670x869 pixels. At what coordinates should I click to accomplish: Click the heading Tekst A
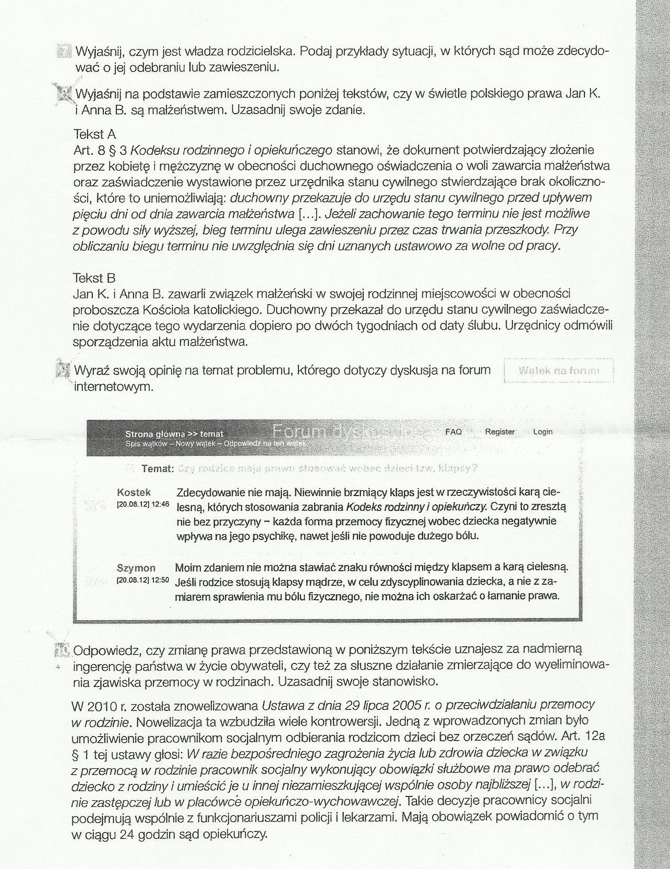click(94, 135)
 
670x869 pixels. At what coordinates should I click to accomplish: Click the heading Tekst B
click(94, 278)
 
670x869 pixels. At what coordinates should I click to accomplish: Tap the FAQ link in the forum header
click(453, 432)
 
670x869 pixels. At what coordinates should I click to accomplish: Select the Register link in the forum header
click(499, 432)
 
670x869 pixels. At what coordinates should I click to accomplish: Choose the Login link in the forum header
click(543, 432)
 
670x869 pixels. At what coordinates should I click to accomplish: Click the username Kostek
click(134, 492)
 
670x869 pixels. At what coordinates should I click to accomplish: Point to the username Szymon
click(136, 568)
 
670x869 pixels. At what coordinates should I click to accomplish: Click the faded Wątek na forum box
click(559, 371)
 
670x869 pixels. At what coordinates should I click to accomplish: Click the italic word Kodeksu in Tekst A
click(151, 151)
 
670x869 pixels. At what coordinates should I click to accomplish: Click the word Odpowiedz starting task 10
click(107, 650)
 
